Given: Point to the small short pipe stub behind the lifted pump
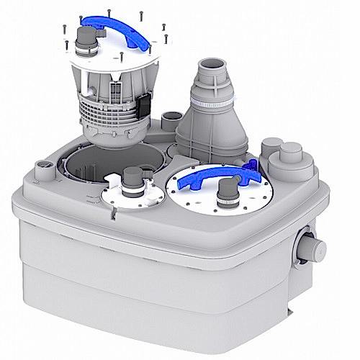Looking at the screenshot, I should pyautogui.click(x=171, y=116).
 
